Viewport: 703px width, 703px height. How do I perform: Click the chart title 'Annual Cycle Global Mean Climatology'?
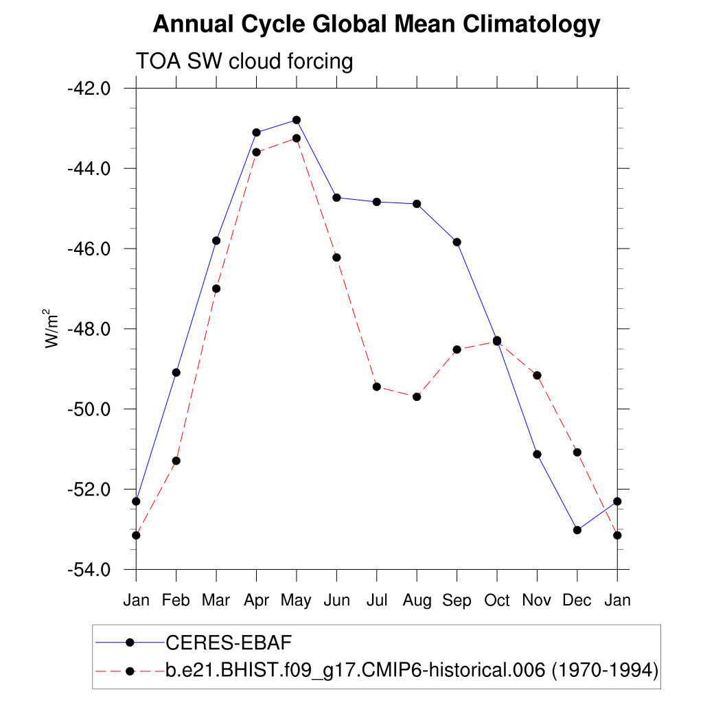[376, 25]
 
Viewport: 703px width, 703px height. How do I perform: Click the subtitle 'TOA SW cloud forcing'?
[244, 62]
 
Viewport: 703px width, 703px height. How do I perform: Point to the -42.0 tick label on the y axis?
[89, 89]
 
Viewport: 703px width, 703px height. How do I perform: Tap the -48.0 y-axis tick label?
[89, 330]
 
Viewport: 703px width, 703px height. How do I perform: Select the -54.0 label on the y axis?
[89, 570]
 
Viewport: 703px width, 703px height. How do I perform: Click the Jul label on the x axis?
[376, 601]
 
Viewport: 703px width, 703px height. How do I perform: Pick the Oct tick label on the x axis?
[497, 601]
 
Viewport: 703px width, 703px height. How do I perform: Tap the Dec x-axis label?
[577, 601]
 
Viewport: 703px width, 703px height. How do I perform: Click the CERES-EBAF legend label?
[229, 643]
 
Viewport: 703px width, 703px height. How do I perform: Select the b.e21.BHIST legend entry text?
[412, 670]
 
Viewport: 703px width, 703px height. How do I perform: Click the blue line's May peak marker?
[297, 120]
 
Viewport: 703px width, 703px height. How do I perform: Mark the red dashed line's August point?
[417, 397]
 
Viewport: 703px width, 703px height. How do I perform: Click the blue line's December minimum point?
[577, 530]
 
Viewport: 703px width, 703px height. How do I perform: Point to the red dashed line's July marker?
[377, 387]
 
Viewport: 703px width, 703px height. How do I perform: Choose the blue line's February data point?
[176, 372]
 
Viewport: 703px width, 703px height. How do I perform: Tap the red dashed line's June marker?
[336, 257]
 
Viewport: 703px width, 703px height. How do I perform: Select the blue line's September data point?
[457, 242]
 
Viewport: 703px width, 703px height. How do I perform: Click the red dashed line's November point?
[537, 375]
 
